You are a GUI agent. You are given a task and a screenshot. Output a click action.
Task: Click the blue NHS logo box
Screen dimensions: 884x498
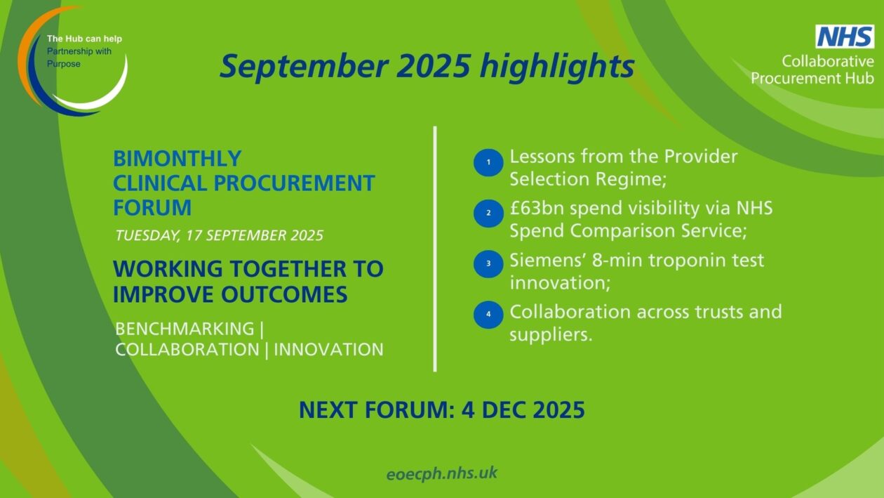pos(845,37)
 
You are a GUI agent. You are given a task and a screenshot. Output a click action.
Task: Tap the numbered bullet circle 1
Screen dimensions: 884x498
pos(488,162)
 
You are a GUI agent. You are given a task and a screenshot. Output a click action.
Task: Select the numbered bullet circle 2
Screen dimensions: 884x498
pos(488,213)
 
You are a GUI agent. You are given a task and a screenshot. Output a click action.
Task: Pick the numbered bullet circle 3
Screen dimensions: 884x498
pos(488,263)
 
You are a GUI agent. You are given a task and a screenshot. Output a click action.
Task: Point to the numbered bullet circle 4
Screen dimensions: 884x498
pos(488,315)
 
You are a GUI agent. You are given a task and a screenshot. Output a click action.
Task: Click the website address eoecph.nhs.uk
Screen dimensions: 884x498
pos(441,473)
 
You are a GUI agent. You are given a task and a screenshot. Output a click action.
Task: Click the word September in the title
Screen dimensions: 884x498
pos(304,66)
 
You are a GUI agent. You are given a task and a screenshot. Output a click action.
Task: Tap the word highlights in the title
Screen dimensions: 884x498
pos(557,66)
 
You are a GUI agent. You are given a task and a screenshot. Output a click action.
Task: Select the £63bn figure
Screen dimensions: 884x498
pos(536,209)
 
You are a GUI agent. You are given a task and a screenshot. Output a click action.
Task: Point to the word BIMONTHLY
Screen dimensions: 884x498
pos(178,159)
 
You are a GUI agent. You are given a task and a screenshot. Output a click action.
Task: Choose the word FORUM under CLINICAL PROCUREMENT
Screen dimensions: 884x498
pos(152,207)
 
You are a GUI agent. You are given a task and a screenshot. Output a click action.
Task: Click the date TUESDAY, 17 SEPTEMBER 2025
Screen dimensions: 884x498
pos(219,235)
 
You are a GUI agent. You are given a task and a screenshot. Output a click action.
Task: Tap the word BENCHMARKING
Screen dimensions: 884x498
pos(185,329)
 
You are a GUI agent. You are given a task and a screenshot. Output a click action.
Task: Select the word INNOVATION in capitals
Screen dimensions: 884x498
pos(328,350)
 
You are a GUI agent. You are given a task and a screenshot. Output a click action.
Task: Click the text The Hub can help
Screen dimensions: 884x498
pos(84,39)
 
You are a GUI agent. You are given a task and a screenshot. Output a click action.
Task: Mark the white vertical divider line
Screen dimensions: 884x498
pos(435,249)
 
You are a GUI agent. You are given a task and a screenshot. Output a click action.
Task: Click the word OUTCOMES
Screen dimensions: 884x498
pos(284,294)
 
